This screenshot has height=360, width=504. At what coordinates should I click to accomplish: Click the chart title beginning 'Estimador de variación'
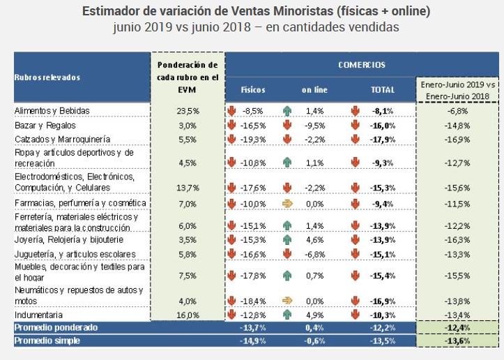click(x=256, y=12)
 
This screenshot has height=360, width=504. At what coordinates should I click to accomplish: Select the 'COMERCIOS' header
click(x=361, y=64)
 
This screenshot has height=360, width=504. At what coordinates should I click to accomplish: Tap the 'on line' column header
click(x=314, y=90)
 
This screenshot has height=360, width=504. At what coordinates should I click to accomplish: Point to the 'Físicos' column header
click(x=253, y=90)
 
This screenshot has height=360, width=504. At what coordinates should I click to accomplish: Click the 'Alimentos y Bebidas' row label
click(x=52, y=110)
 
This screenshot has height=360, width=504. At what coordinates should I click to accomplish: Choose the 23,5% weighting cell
click(x=188, y=110)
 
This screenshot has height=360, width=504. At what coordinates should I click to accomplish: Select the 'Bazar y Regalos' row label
click(x=45, y=125)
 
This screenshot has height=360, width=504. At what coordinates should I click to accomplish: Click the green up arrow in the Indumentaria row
click(x=287, y=315)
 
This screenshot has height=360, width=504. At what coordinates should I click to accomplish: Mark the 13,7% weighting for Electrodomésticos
click(x=188, y=188)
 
